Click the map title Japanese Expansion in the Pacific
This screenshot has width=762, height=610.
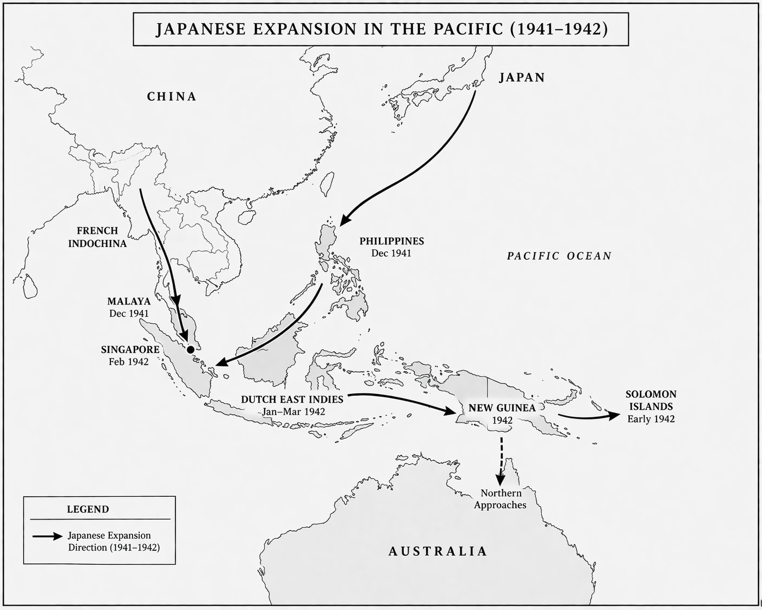(381, 29)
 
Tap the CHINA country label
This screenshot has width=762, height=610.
(172, 97)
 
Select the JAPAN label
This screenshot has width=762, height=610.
(522, 77)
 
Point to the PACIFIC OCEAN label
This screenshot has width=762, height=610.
(559, 256)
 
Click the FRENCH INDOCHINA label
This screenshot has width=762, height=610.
(97, 237)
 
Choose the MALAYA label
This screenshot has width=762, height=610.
(129, 301)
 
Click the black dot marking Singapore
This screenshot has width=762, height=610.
(190, 349)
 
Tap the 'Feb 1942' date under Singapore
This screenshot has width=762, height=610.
(129, 362)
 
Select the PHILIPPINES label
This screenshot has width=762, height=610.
(391, 241)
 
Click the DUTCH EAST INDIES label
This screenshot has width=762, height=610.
(292, 399)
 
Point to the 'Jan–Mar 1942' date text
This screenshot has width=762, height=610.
(293, 411)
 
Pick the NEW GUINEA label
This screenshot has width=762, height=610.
(502, 408)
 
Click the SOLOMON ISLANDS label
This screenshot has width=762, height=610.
(651, 400)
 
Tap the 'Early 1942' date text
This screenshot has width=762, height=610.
(651, 418)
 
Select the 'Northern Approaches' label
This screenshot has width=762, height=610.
(500, 499)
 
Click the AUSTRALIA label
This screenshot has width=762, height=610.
(438, 551)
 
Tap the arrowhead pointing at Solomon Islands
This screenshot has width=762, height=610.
(614, 415)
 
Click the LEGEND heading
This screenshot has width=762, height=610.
(88, 509)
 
